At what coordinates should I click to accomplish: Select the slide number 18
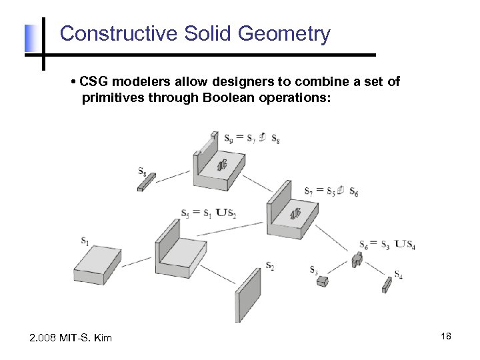coord(446,337)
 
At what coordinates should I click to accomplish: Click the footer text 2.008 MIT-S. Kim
coord(71,338)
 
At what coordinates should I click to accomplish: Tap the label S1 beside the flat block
coord(85,241)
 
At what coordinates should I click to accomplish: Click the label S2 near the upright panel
coord(269,266)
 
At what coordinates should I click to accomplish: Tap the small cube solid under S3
coord(322,282)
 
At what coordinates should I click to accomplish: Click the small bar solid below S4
coord(387,285)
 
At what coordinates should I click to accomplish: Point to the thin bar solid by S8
coord(146,182)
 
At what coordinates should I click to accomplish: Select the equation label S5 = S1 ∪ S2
coord(209,213)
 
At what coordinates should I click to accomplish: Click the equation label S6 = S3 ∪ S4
coord(387,244)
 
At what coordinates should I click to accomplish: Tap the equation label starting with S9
coord(252,139)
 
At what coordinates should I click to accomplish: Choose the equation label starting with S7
coord(331,191)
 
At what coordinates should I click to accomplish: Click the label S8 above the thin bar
coord(143,171)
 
